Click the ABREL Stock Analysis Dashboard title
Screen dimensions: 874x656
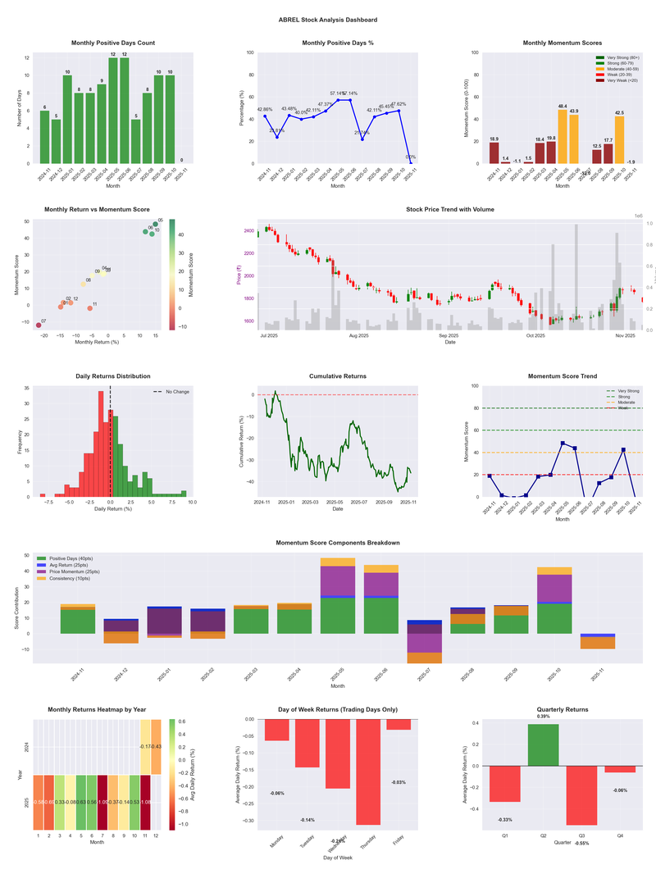328,20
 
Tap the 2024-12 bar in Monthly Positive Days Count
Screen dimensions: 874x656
56,141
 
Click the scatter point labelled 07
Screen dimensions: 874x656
39,325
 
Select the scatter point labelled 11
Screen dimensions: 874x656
90,308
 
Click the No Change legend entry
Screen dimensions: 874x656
172,392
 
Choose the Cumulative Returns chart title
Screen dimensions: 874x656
338,376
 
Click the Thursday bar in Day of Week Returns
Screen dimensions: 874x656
368,772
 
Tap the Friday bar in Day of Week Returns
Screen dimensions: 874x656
399,724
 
